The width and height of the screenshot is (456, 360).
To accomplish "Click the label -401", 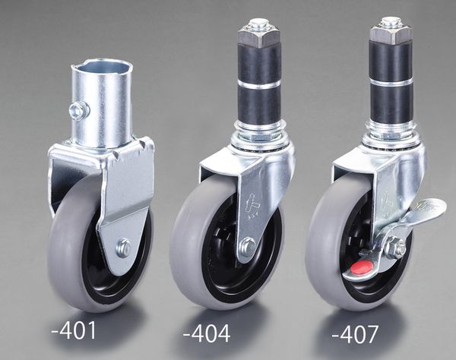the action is pos(74,330).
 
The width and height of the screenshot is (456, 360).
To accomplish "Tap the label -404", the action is pos(207,333).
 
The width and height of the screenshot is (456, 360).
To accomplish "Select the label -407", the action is pos(355,334).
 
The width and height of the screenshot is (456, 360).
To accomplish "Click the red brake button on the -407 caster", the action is pos(362,267).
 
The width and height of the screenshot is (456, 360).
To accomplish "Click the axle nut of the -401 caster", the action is pos(124,248).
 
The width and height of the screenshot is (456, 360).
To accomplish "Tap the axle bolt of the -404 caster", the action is pos(248,246).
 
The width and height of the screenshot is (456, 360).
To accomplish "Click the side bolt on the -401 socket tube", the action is pos(79,109).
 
